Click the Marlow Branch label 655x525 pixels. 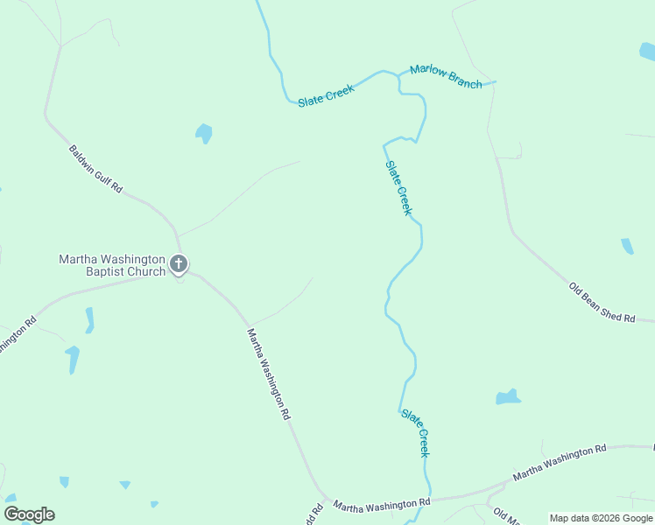click(446, 77)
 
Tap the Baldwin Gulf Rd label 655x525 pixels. click(95, 169)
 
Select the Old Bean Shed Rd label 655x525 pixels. click(602, 303)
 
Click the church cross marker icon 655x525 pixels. click(179, 263)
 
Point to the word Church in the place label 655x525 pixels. click(145, 271)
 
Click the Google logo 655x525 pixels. click(29, 514)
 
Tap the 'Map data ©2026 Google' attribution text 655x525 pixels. click(601, 518)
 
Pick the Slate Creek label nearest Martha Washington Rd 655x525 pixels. click(416, 431)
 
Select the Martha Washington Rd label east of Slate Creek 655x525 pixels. click(560, 462)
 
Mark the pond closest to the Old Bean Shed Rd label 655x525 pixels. click(627, 247)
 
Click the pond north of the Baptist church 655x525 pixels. click(203, 134)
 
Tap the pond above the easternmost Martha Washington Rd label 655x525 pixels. click(508, 398)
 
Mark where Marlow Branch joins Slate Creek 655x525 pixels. click(399, 76)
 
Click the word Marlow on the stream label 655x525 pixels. click(429, 72)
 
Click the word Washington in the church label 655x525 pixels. click(131, 259)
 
